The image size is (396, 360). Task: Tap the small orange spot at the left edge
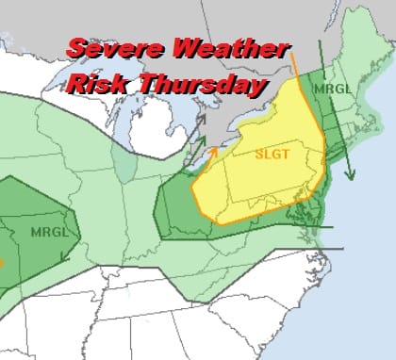[x=3, y=262]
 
